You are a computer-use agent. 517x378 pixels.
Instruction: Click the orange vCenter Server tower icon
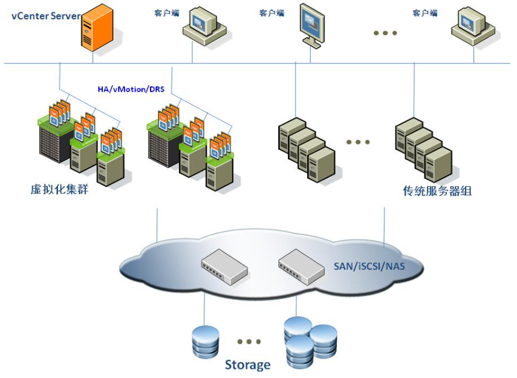97,27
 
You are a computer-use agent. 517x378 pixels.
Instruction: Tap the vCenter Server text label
45,16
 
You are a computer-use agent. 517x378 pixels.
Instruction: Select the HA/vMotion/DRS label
131,89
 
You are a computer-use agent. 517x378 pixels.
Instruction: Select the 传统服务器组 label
437,191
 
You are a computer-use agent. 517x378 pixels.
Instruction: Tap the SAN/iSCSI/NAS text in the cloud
369,266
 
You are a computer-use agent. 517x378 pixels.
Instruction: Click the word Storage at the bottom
247,365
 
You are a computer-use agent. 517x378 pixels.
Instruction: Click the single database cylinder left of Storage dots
205,342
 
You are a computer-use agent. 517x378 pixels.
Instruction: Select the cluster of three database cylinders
309,342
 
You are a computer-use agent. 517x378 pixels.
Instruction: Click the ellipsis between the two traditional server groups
358,143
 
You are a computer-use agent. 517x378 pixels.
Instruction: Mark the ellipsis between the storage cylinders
249,342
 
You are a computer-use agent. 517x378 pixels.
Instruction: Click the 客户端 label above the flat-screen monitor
272,13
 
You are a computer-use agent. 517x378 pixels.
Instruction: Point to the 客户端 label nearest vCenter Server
167,13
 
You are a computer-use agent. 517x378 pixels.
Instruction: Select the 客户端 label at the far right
425,13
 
